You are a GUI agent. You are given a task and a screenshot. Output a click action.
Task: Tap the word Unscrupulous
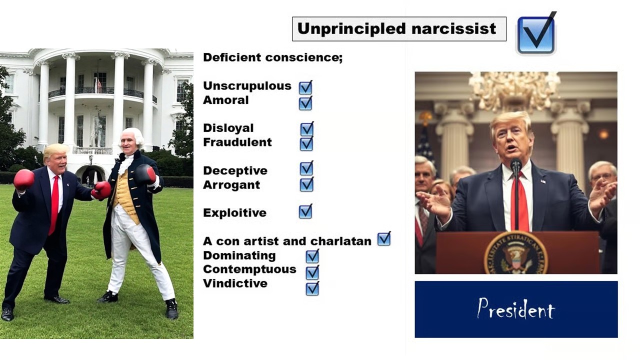click(x=247, y=85)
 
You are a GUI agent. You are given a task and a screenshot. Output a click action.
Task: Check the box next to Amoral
click(x=305, y=103)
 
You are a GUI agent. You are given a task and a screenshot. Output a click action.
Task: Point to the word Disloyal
click(x=228, y=128)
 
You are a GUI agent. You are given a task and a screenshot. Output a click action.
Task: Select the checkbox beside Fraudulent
click(x=306, y=143)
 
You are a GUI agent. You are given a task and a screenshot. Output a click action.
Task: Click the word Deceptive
click(x=235, y=170)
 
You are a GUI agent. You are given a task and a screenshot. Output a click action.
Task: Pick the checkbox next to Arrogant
click(x=306, y=184)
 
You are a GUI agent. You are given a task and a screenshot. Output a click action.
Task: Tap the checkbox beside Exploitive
click(x=305, y=211)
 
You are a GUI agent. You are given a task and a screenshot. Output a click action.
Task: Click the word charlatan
click(x=341, y=241)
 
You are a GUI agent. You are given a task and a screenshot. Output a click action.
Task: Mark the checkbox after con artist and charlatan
click(x=384, y=239)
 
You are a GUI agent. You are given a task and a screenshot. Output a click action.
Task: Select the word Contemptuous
click(x=249, y=269)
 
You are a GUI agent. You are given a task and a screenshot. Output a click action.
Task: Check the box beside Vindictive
click(x=312, y=288)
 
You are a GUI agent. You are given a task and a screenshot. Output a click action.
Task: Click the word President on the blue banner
click(x=516, y=309)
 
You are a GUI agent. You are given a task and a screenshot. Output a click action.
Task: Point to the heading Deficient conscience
click(x=272, y=57)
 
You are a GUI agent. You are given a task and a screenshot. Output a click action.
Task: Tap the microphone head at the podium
click(x=516, y=164)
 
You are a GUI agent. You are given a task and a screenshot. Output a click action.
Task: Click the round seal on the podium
click(x=516, y=253)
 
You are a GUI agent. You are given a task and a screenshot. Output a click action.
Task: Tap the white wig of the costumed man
click(x=132, y=137)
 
